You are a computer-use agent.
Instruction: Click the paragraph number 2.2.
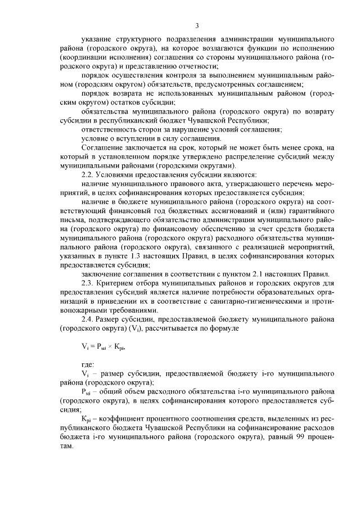click(88, 175)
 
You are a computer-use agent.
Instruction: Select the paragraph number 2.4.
click(88, 319)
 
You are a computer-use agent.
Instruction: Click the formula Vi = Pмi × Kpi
click(103, 347)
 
